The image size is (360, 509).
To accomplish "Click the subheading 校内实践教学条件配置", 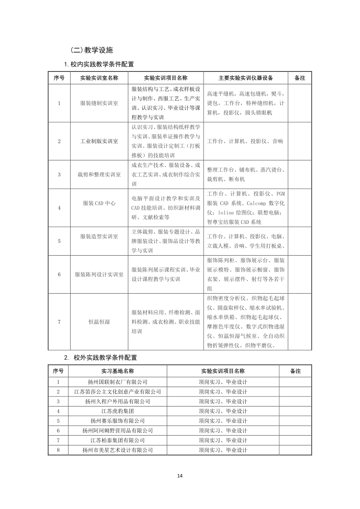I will click(x=99, y=64).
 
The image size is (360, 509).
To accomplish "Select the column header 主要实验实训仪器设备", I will click(x=245, y=78).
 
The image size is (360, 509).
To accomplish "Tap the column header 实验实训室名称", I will click(x=99, y=78).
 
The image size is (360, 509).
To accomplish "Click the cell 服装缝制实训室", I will click(x=99, y=103).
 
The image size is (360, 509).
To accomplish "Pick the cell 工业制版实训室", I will click(x=99, y=141).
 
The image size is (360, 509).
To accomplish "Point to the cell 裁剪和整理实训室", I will click(x=99, y=175).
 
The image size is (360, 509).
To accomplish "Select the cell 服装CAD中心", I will click(x=99, y=204).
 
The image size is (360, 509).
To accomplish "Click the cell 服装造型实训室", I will click(x=99, y=237).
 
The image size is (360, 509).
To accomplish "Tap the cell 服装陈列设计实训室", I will click(x=99, y=275).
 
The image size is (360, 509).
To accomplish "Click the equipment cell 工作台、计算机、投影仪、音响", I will click(x=245, y=141).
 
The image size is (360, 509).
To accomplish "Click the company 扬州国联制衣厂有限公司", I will click(x=117, y=382).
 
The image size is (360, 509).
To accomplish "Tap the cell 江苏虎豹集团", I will click(x=117, y=411).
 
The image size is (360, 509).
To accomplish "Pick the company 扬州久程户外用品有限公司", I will click(x=117, y=402).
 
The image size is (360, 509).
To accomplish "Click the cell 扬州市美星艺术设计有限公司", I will click(x=117, y=450).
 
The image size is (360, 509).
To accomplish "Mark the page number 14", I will click(x=180, y=475).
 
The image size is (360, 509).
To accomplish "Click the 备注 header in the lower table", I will click(x=295, y=371).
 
